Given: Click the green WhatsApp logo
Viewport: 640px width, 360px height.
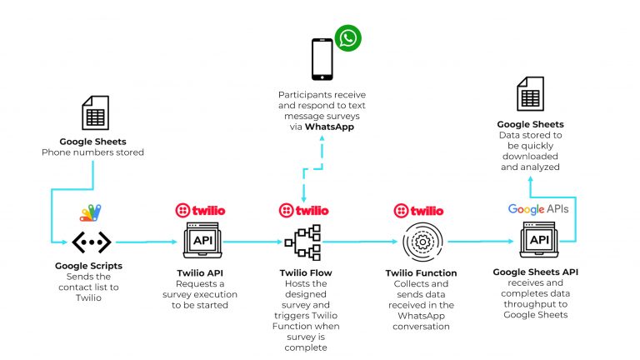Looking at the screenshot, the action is (x=347, y=38).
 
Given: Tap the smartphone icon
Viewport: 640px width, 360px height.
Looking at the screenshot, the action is (x=322, y=59).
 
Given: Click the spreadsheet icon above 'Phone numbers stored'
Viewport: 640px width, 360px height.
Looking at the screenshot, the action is (x=96, y=112).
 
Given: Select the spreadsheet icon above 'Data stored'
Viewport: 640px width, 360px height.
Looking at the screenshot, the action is (x=530, y=94).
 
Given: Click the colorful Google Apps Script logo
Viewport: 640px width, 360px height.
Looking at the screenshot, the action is (x=91, y=212).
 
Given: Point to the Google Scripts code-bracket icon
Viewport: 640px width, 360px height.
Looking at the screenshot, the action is (x=92, y=242).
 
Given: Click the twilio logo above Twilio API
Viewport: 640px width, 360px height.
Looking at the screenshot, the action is (x=200, y=211).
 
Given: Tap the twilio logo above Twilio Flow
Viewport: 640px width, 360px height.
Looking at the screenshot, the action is (x=303, y=211).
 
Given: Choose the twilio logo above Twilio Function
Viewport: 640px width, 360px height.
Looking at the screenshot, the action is (x=418, y=211).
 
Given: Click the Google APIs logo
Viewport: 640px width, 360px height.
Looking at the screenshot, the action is (x=538, y=209).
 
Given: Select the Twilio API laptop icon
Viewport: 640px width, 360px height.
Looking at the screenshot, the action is (x=202, y=240).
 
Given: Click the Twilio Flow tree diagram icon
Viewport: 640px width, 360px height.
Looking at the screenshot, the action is (x=302, y=242).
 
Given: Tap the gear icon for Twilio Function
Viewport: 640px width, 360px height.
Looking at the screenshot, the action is (x=422, y=242).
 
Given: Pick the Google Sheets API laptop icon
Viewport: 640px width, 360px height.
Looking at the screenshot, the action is (x=539, y=240).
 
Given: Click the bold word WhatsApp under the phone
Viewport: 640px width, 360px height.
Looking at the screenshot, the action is (x=329, y=127).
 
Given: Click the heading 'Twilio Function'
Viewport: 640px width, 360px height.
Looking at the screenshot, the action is (x=421, y=273).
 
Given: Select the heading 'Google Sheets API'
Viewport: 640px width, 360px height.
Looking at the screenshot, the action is (x=536, y=272).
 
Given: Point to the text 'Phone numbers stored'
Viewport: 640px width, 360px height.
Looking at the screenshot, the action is (x=92, y=152).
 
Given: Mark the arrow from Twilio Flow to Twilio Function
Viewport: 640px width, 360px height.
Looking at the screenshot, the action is (x=359, y=242).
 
